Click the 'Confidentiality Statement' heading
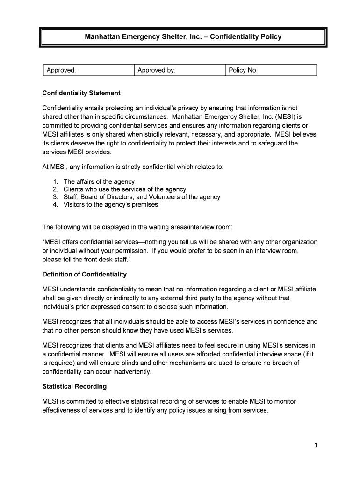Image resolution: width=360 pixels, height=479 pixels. [81, 93]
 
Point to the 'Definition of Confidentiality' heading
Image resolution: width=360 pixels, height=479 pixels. [85, 274]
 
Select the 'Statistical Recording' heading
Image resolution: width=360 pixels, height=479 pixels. [74, 386]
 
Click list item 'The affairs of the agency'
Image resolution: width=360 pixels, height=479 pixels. [99, 181]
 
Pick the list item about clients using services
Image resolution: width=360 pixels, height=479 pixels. [125, 189]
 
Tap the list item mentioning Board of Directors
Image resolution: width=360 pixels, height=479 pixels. [142, 197]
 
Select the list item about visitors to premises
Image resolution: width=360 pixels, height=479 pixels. [111, 204]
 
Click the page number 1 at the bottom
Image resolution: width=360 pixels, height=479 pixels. [316, 445]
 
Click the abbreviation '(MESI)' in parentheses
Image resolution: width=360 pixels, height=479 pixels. [283, 116]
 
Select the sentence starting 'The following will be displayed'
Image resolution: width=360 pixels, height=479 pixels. [137, 227]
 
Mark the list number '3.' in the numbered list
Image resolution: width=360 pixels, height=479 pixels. [55, 197]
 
